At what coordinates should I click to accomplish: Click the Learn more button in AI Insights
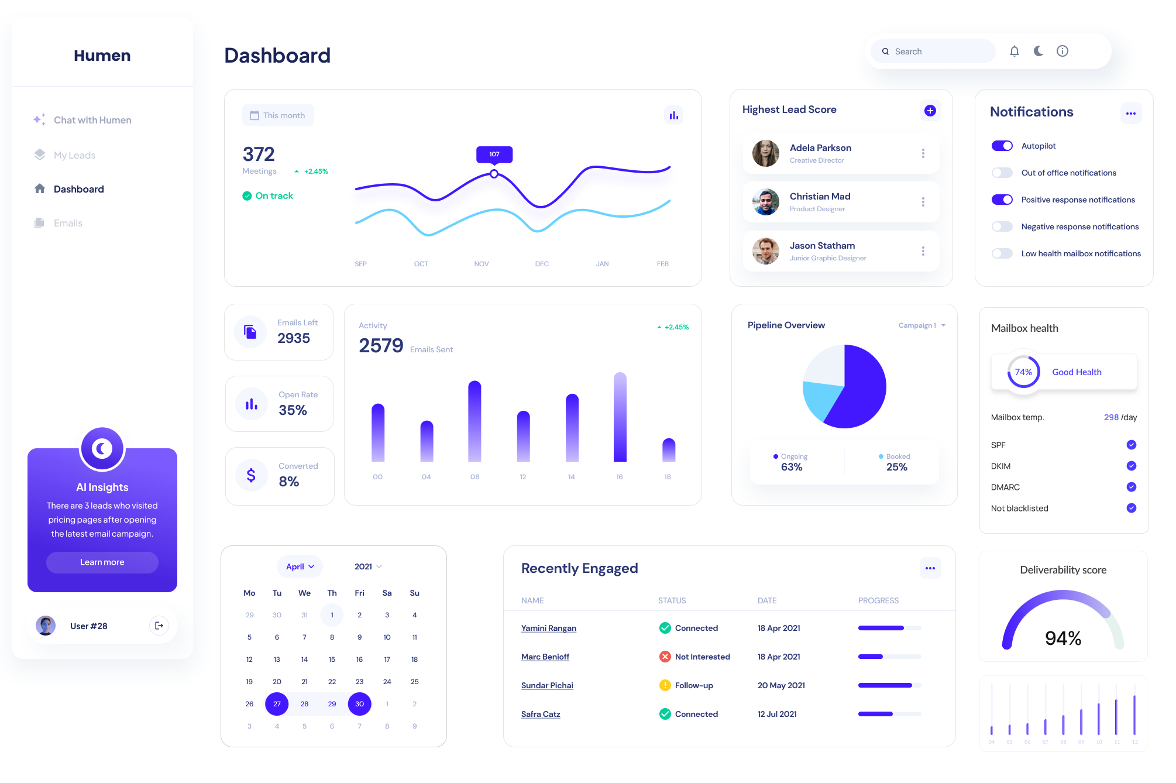click(x=102, y=562)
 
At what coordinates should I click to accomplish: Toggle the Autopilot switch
click(x=1002, y=146)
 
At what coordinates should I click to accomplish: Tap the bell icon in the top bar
click(x=1015, y=51)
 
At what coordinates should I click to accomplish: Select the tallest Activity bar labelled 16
click(x=620, y=417)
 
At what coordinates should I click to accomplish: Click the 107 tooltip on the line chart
click(x=494, y=154)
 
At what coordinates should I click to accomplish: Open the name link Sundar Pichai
click(x=547, y=685)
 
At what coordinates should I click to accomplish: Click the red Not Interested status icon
click(x=665, y=657)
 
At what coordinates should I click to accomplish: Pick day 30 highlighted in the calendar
click(x=359, y=704)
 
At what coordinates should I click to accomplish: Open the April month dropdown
click(x=300, y=566)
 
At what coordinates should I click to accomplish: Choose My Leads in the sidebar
click(x=74, y=155)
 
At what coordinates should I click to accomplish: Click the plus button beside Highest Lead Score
click(x=930, y=111)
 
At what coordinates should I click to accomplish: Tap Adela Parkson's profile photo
click(x=766, y=153)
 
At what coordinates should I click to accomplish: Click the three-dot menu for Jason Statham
click(x=923, y=251)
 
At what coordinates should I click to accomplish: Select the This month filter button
click(x=278, y=115)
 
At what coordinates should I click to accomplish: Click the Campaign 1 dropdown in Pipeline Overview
click(x=921, y=325)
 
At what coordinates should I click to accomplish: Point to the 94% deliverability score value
click(x=1063, y=638)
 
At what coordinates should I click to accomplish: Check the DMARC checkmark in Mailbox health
click(x=1132, y=487)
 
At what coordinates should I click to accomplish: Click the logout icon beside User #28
click(x=159, y=626)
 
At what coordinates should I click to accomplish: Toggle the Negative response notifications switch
click(x=1002, y=226)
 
